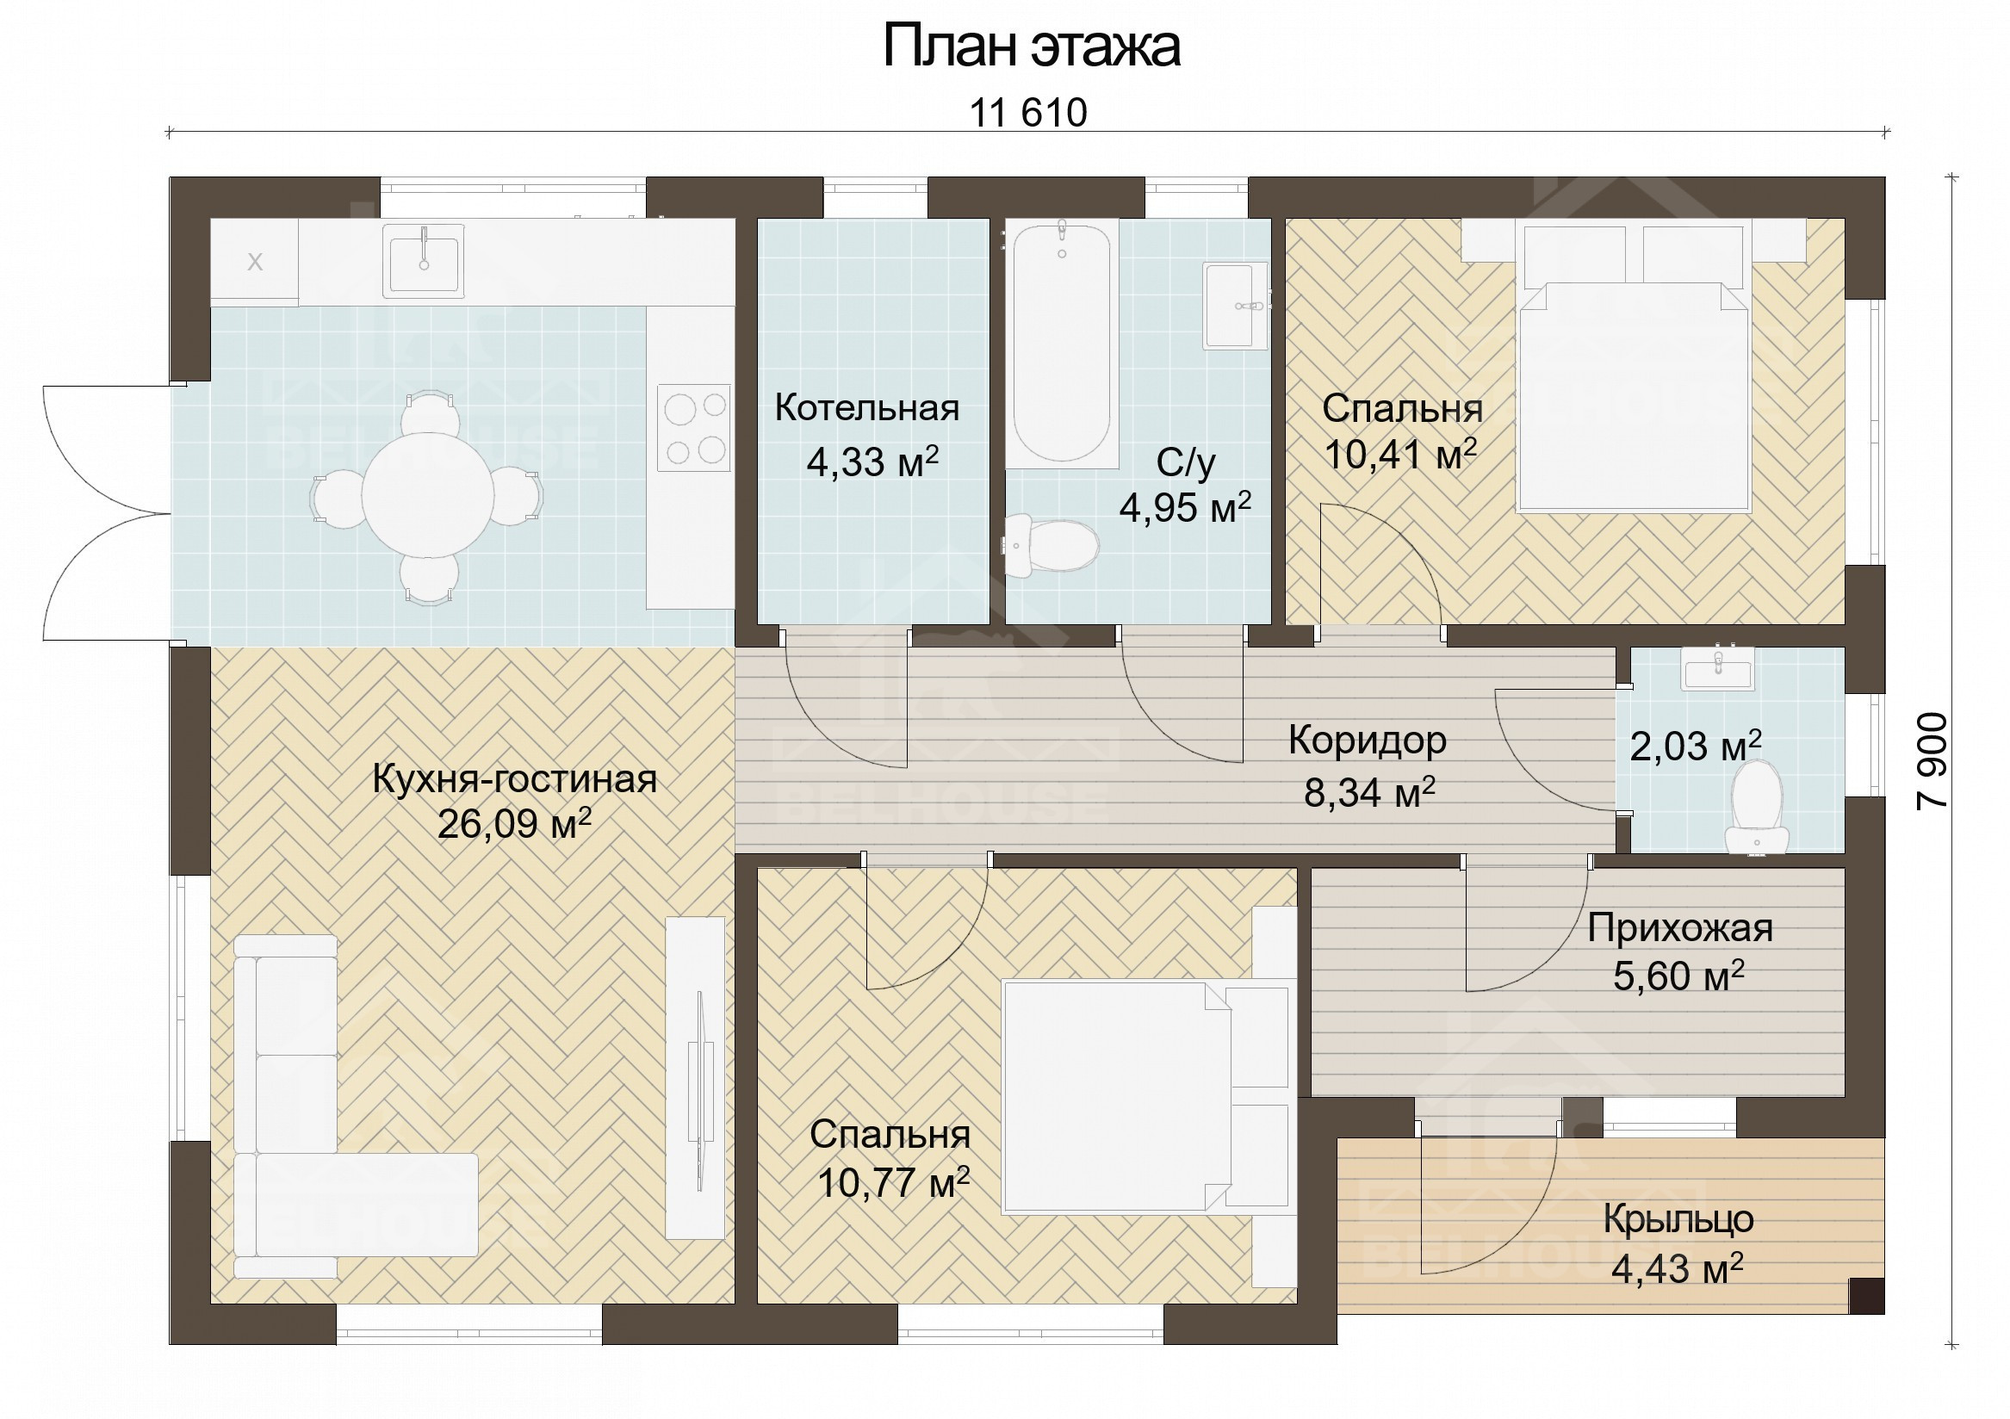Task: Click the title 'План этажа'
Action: (1030, 46)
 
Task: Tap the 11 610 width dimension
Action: (1027, 113)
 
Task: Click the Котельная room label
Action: (866, 408)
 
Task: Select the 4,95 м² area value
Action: (1185, 508)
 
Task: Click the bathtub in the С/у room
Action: (1062, 344)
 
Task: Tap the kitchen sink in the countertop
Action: (424, 260)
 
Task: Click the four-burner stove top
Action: (694, 428)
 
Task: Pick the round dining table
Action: (428, 495)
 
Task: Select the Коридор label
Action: (1368, 740)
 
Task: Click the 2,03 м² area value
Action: (1696, 746)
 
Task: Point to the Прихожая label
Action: (1680, 928)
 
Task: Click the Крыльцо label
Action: (1678, 1219)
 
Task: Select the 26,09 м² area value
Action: (515, 824)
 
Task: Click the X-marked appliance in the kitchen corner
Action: (255, 262)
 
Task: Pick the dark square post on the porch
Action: (1866, 1296)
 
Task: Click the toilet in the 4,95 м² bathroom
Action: (1052, 545)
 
